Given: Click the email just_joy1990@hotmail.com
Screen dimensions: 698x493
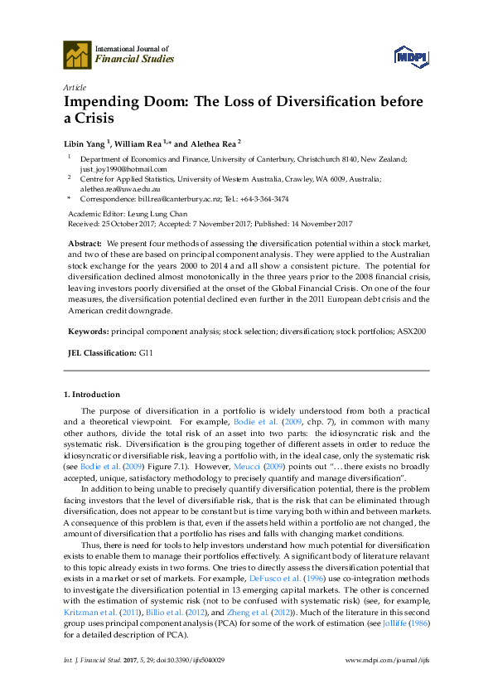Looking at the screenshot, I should (123, 168).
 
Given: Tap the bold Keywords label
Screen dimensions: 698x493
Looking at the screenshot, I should (87, 331).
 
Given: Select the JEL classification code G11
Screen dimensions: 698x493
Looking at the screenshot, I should (145, 352).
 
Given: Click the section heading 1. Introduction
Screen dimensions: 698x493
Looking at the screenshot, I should (91, 394).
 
